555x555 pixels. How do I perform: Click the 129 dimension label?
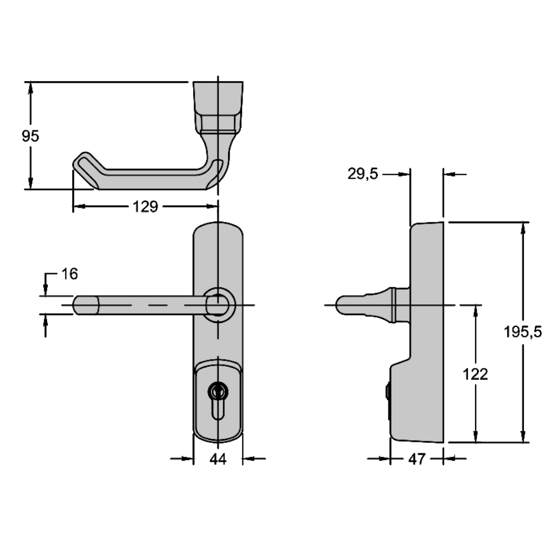[x=146, y=207]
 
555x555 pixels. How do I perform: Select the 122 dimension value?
[x=476, y=375]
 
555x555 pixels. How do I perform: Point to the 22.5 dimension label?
[x=362, y=174]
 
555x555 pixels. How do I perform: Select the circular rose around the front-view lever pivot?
[x=220, y=304]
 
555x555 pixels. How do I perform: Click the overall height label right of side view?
[x=529, y=332]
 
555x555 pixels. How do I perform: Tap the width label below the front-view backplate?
[x=219, y=459]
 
